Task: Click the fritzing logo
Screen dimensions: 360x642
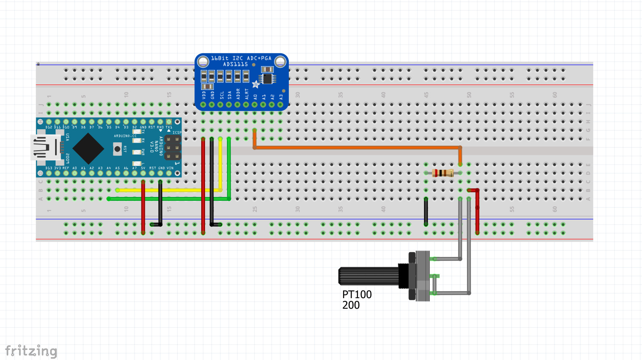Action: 31,351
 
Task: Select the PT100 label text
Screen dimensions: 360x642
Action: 357,294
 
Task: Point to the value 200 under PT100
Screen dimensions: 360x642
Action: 351,305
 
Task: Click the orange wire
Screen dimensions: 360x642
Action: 358,147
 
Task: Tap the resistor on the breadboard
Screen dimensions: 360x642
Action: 442,173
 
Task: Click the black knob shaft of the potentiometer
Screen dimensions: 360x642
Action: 368,276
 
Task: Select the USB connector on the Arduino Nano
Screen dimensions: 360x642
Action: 44,147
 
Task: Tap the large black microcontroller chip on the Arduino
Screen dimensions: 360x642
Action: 88,148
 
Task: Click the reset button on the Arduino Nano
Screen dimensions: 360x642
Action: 117,149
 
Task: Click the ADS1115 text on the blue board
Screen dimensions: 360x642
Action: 235,64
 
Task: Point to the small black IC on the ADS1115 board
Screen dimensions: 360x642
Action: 267,79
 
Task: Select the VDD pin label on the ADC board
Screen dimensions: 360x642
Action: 204,94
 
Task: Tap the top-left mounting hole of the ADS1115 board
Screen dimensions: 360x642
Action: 203,62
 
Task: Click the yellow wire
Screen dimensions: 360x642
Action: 168,190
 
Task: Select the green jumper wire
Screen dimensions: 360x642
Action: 168,199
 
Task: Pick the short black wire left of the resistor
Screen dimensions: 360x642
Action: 426,211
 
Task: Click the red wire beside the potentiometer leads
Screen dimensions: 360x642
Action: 477,211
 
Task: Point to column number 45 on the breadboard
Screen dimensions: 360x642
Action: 426,95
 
